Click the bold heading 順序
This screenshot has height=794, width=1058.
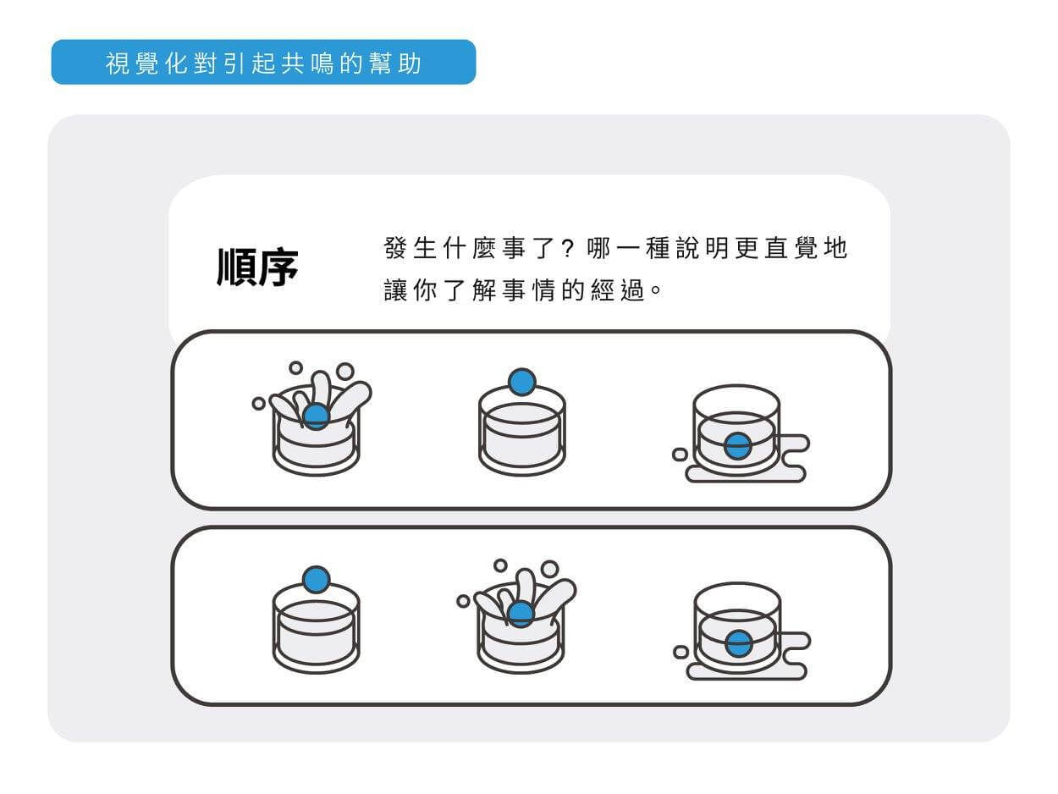257,267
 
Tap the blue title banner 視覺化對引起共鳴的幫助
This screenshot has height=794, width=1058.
263,63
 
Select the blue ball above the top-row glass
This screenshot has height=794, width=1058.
522,382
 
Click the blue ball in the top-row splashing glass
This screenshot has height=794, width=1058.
316,416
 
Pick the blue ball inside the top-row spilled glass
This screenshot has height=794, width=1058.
737,446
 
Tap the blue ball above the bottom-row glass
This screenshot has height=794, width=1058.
316,580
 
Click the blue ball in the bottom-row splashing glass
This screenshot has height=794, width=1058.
521,614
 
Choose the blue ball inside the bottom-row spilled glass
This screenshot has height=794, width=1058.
738,644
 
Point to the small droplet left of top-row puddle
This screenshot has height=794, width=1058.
680,455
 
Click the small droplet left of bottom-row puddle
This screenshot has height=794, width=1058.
681,652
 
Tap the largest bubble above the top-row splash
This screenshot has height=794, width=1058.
344,371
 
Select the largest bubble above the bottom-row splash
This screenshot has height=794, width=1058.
550,569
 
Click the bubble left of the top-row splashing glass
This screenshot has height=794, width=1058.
258,404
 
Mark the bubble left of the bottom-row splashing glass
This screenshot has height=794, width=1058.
463,601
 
